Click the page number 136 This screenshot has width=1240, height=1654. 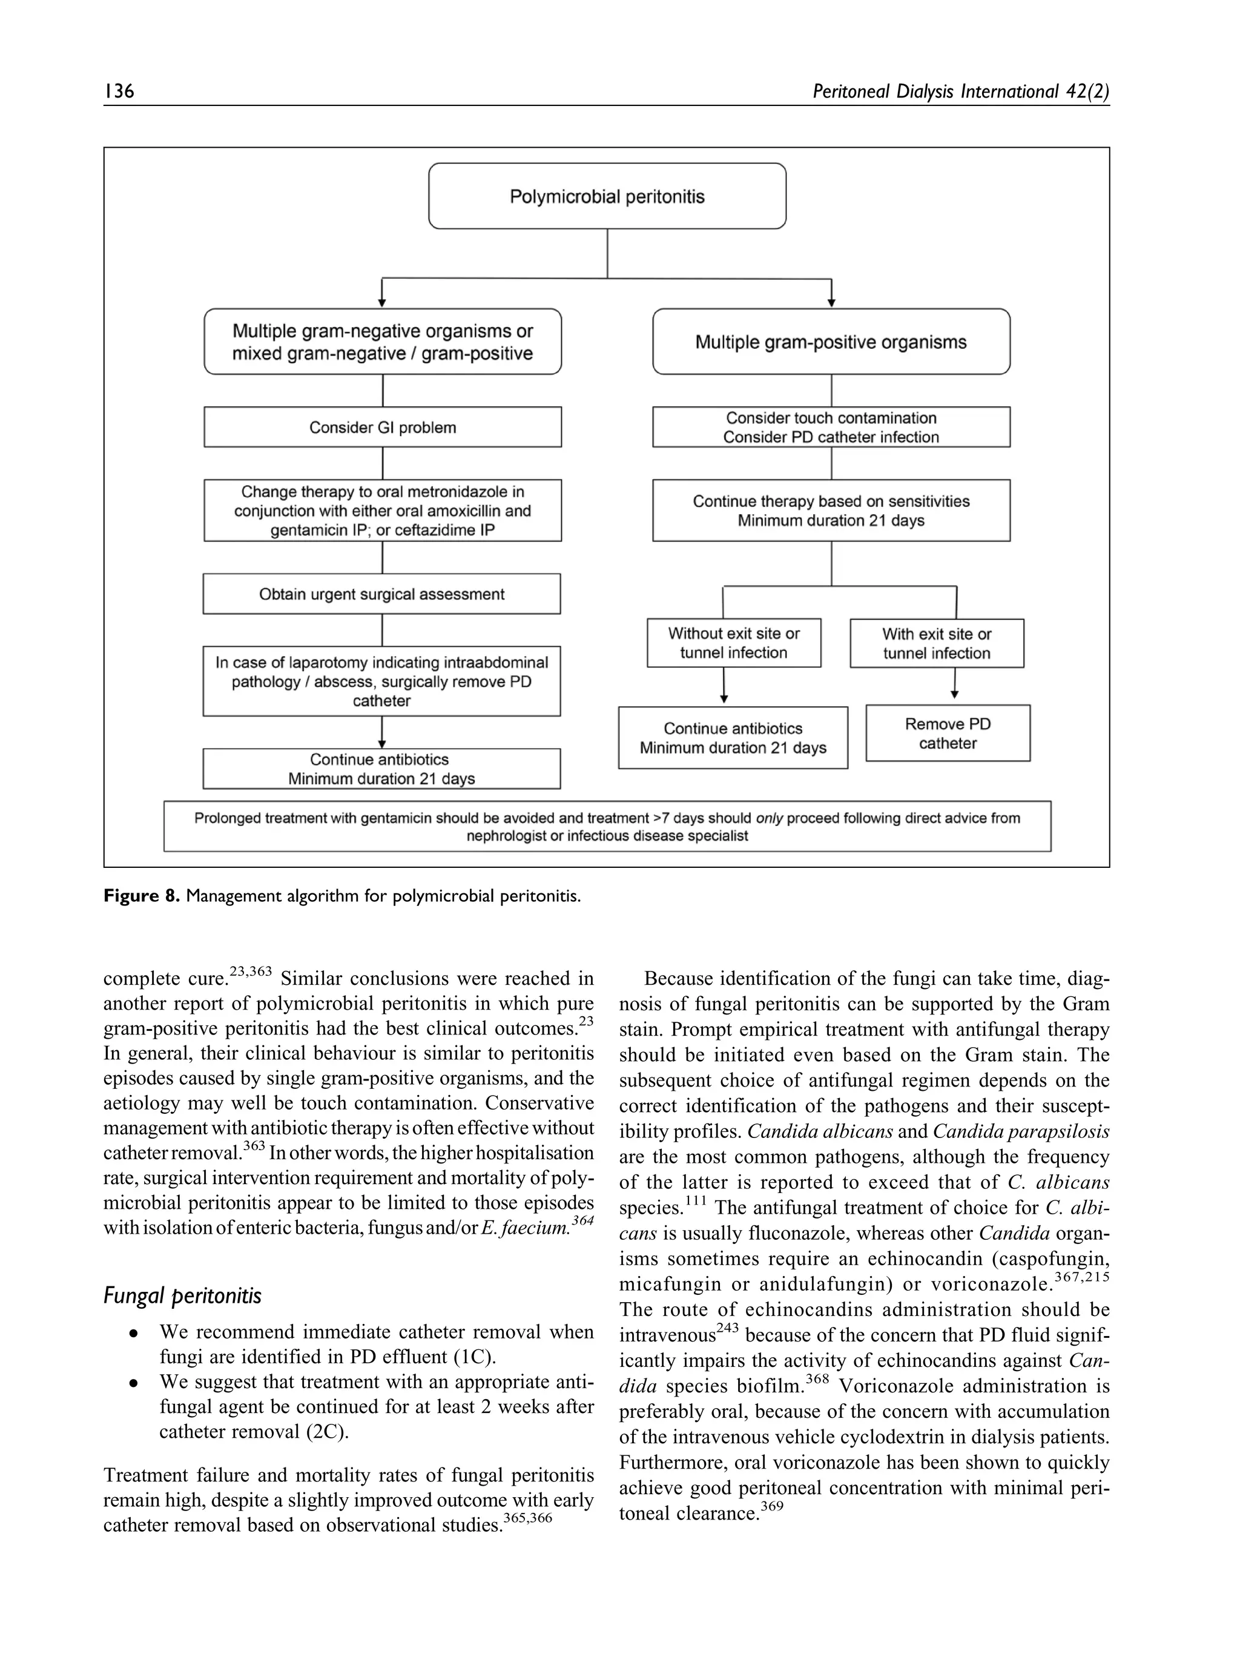(119, 91)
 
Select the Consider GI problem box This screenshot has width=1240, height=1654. (382, 428)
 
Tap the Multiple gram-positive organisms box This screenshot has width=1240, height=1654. (831, 342)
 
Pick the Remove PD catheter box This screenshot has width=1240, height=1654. (947, 733)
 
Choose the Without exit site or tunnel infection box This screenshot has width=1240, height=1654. (733, 643)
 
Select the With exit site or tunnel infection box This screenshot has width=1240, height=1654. (936, 644)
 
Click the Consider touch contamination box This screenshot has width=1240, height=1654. (831, 428)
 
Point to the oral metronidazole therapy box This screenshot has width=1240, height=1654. (382, 511)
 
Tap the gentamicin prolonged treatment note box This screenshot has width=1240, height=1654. (606, 826)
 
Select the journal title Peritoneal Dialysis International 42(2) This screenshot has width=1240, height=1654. (960, 91)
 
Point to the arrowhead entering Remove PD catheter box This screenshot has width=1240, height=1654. (954, 695)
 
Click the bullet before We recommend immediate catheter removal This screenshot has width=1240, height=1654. (133, 1333)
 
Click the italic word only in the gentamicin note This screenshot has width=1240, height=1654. (768, 818)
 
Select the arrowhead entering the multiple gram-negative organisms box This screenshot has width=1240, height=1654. (382, 303)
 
